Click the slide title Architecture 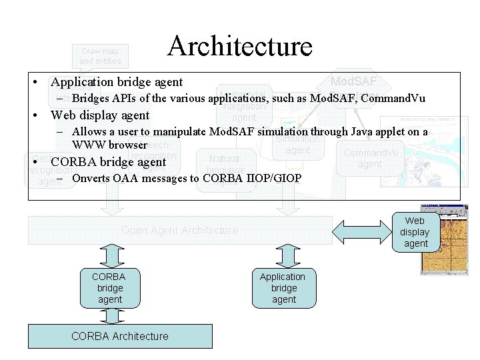click(x=240, y=46)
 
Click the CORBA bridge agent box click(x=110, y=288)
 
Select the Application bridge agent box click(x=283, y=288)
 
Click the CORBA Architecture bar click(x=120, y=335)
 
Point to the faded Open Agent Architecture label click(x=179, y=231)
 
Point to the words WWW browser click(x=109, y=144)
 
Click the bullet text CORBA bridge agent click(x=109, y=162)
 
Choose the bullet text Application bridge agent click(x=117, y=82)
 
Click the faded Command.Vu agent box click(x=370, y=158)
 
